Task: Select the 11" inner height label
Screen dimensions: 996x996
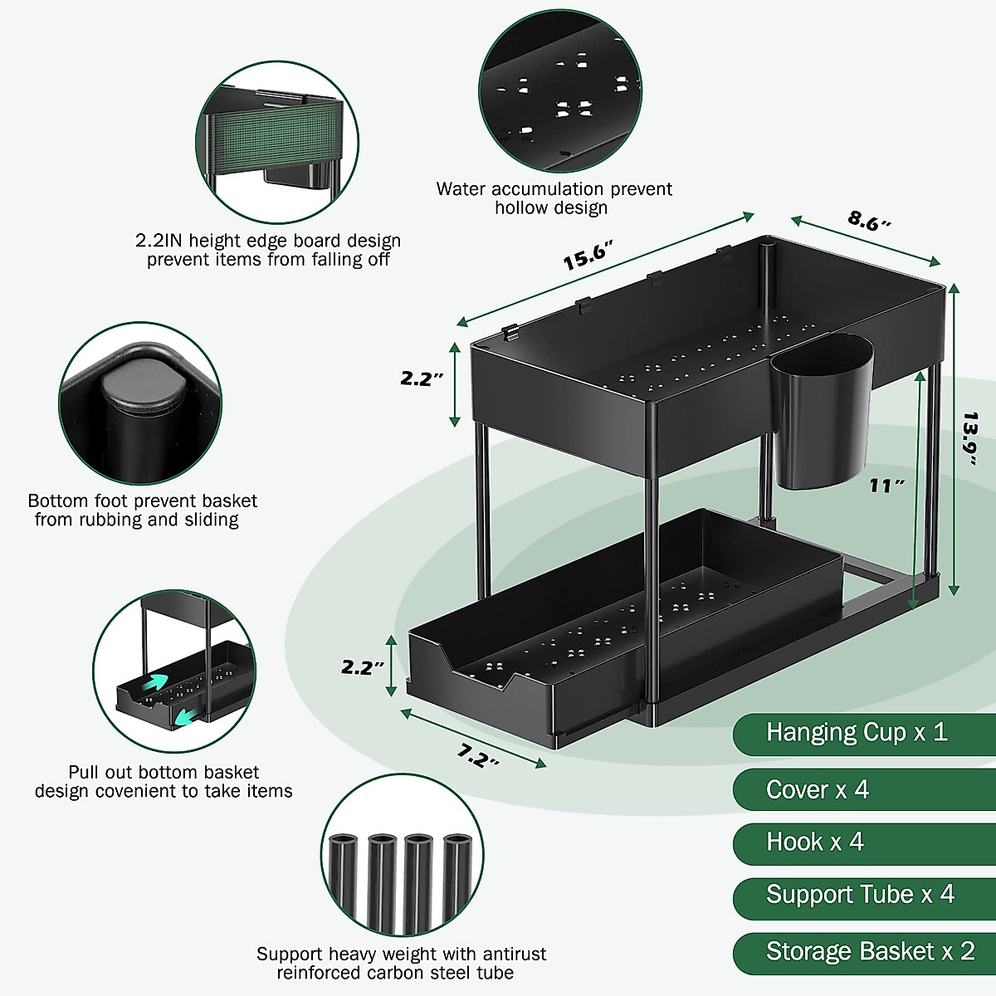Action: (886, 486)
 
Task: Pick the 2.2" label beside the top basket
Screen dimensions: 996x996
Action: (422, 378)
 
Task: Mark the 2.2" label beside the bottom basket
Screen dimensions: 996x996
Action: (363, 666)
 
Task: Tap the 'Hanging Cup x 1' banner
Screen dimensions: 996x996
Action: (857, 732)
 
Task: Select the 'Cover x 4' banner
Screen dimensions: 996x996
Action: (818, 789)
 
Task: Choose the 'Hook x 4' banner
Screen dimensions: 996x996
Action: (814, 842)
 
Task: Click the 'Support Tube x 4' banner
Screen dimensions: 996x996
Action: (860, 895)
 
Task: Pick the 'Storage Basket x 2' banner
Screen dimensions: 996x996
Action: (870, 951)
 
